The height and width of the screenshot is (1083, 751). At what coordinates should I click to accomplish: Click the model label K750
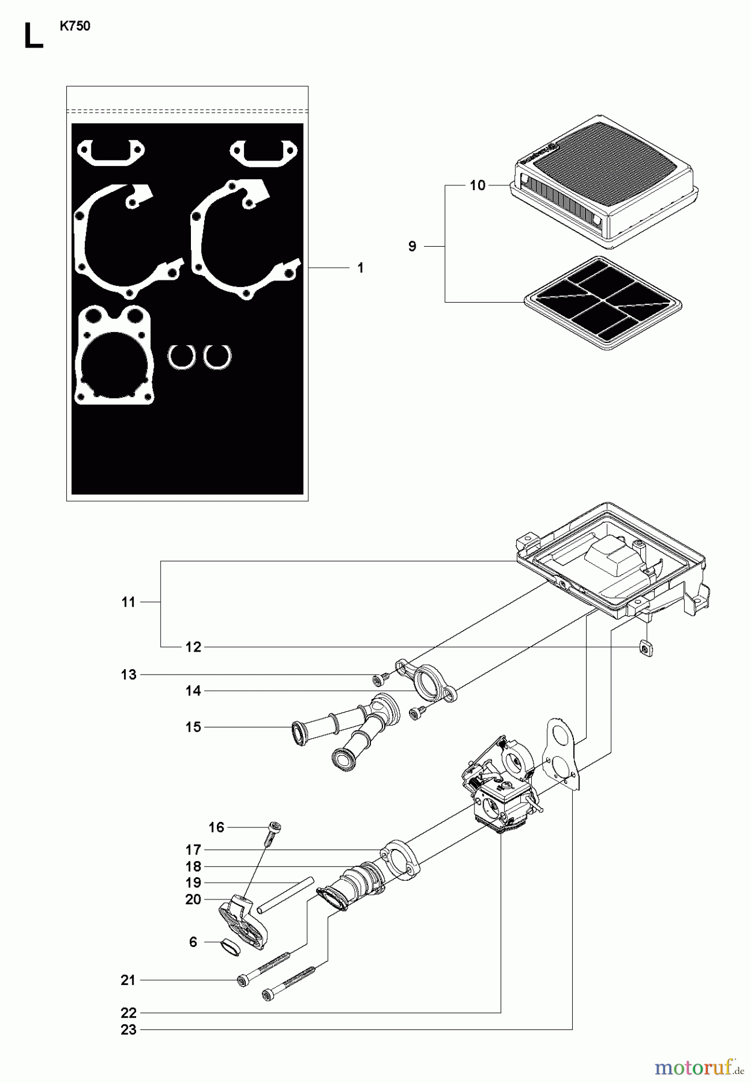[75, 26]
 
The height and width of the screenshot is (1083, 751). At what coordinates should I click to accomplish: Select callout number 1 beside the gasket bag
[360, 268]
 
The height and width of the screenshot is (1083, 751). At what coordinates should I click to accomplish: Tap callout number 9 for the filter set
[412, 246]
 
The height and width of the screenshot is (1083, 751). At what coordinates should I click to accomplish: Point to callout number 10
[477, 185]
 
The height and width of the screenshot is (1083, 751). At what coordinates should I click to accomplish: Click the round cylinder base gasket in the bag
[114, 355]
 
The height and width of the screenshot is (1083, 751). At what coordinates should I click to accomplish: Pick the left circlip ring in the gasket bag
[181, 356]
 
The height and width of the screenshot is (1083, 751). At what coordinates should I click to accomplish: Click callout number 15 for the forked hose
[193, 727]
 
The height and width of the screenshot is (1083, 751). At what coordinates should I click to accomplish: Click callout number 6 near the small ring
[193, 942]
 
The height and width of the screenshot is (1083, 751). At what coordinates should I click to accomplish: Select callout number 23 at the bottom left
[128, 1029]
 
